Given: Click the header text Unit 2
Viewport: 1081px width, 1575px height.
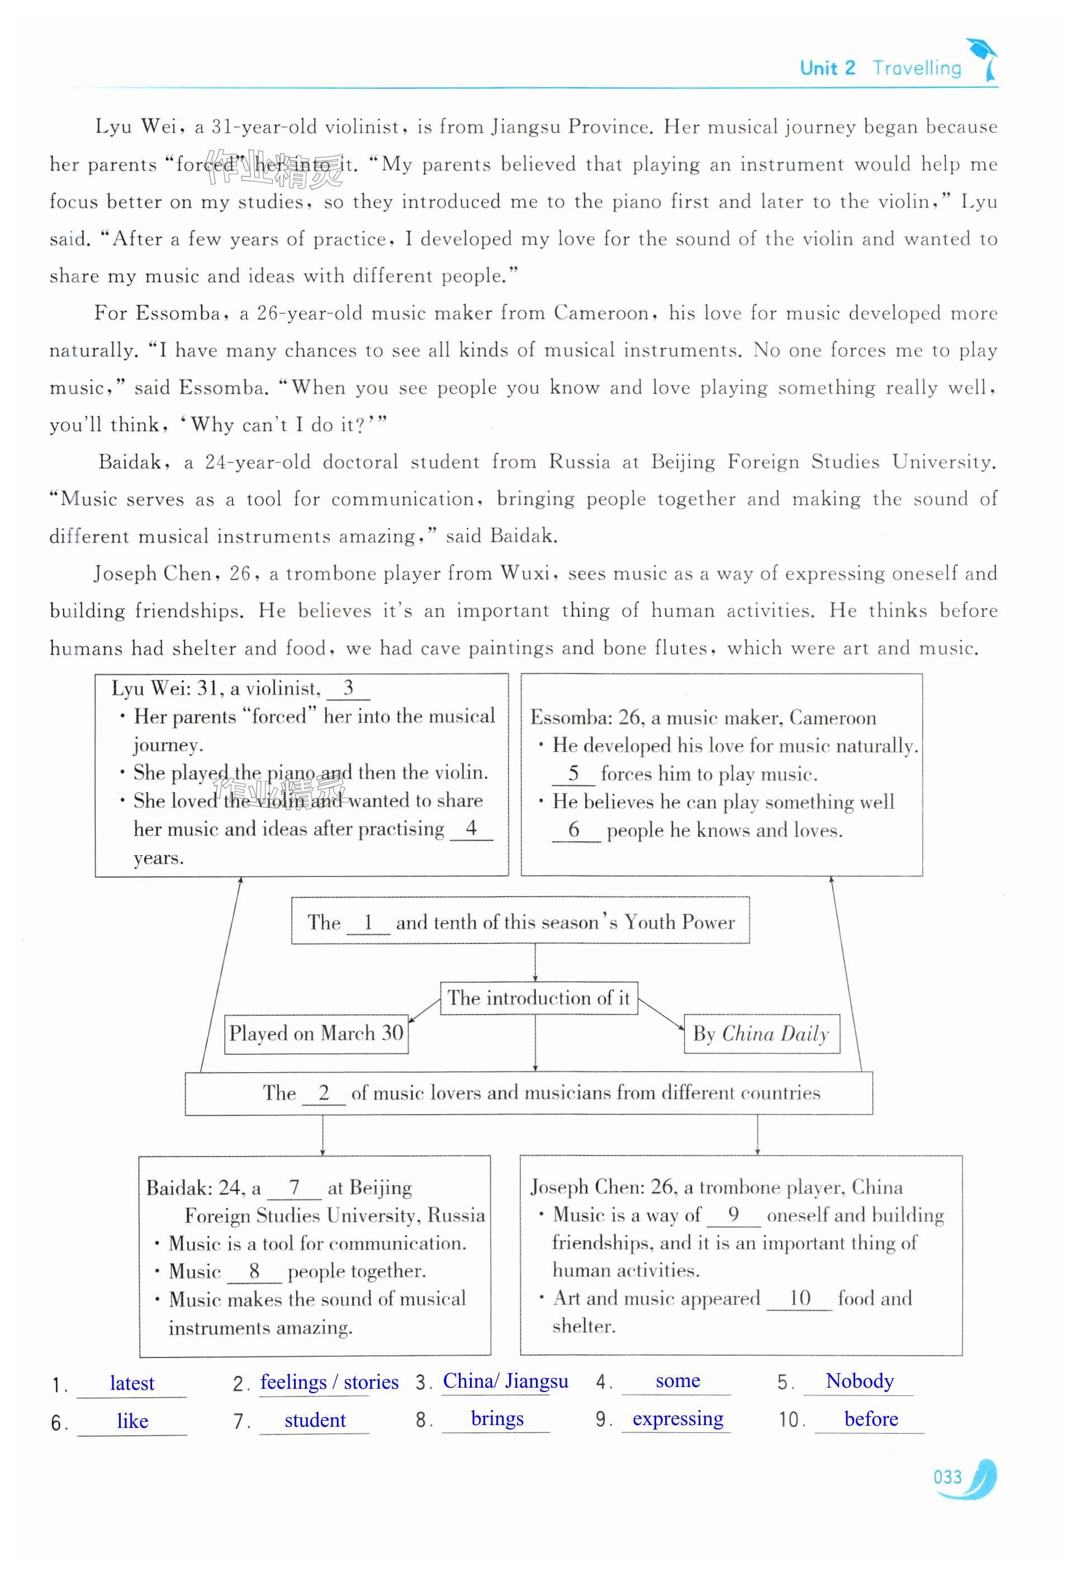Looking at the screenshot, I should [827, 68].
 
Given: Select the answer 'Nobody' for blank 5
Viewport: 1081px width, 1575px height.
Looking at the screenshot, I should [860, 1380].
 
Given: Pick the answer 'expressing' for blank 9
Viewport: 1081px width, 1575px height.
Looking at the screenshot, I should [677, 1418].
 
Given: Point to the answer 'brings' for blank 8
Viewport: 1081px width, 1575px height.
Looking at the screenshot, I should [497, 1418].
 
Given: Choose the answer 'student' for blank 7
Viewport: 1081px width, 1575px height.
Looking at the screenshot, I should [315, 1420].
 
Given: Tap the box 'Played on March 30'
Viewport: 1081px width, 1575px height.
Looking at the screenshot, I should [316, 1034].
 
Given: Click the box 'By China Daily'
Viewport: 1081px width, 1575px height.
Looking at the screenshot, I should [761, 1034].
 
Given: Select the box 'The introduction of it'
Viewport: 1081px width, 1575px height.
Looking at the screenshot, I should [538, 998].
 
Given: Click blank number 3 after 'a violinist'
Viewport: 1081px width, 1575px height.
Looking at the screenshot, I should [348, 688].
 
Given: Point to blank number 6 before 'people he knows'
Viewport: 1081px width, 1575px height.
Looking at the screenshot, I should [575, 829].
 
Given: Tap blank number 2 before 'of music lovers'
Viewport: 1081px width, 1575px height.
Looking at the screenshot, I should [324, 1092].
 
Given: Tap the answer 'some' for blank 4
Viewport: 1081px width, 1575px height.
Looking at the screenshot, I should [677, 1380].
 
